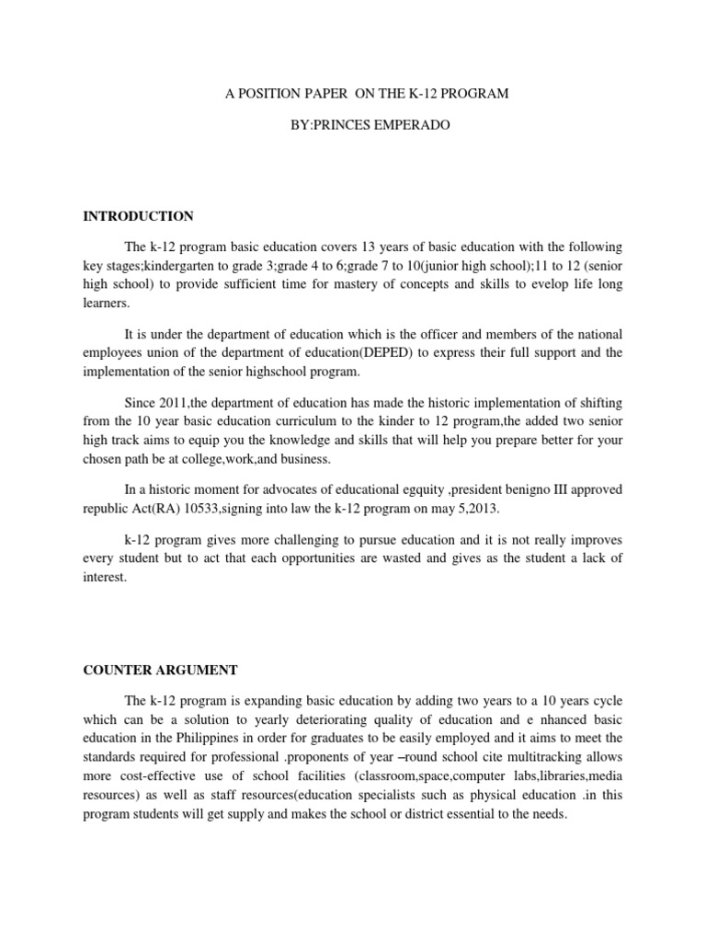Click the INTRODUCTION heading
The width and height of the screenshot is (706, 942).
pyautogui.click(x=138, y=216)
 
